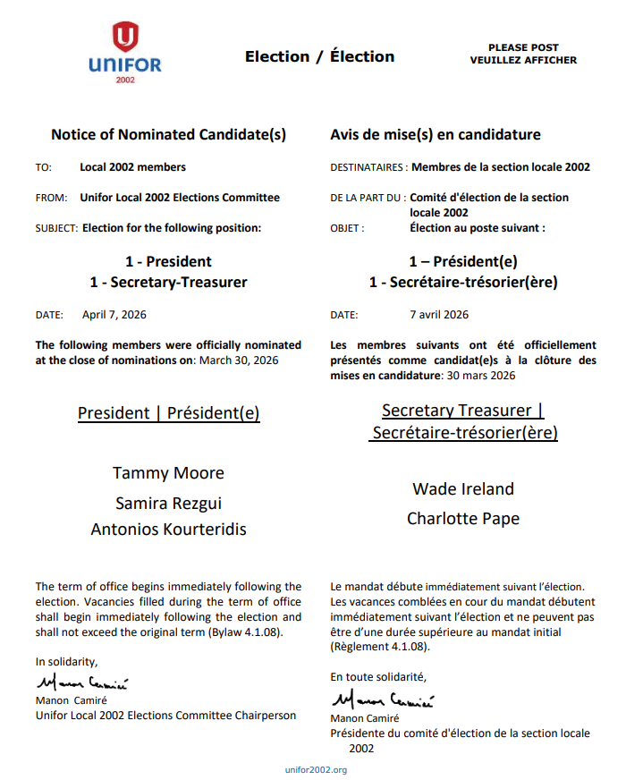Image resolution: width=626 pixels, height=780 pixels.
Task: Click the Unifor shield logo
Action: click(125, 38)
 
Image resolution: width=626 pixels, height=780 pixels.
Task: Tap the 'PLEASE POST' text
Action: click(523, 47)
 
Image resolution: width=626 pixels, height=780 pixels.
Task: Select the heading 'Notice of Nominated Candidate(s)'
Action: click(168, 135)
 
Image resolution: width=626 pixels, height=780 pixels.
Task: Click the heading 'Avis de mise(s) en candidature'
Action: click(436, 135)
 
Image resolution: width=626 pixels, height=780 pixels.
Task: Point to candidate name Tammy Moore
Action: click(168, 472)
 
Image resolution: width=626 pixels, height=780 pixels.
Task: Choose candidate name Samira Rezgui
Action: click(168, 503)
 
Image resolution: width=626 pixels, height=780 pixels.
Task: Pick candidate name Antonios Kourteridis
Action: click(168, 529)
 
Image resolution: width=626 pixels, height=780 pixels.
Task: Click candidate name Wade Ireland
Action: click(463, 488)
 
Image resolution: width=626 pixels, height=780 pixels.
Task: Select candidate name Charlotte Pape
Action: click(463, 518)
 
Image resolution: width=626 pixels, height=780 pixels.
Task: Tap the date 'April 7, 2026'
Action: click(114, 315)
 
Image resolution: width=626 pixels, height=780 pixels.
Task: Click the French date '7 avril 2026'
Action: click(439, 315)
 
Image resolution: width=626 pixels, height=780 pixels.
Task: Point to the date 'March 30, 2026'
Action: click(238, 360)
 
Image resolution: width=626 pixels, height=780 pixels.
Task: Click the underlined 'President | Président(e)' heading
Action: click(168, 413)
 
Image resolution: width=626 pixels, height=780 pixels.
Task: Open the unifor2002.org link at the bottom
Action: click(316, 769)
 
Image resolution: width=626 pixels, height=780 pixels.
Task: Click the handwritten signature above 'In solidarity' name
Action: click(82, 684)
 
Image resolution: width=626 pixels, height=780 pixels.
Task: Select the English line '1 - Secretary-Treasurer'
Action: click(168, 282)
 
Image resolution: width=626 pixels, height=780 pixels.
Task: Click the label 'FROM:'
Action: click(50, 198)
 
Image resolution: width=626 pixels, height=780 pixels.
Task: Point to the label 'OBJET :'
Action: click(347, 228)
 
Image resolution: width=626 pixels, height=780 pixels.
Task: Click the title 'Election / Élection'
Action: click(319, 56)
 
